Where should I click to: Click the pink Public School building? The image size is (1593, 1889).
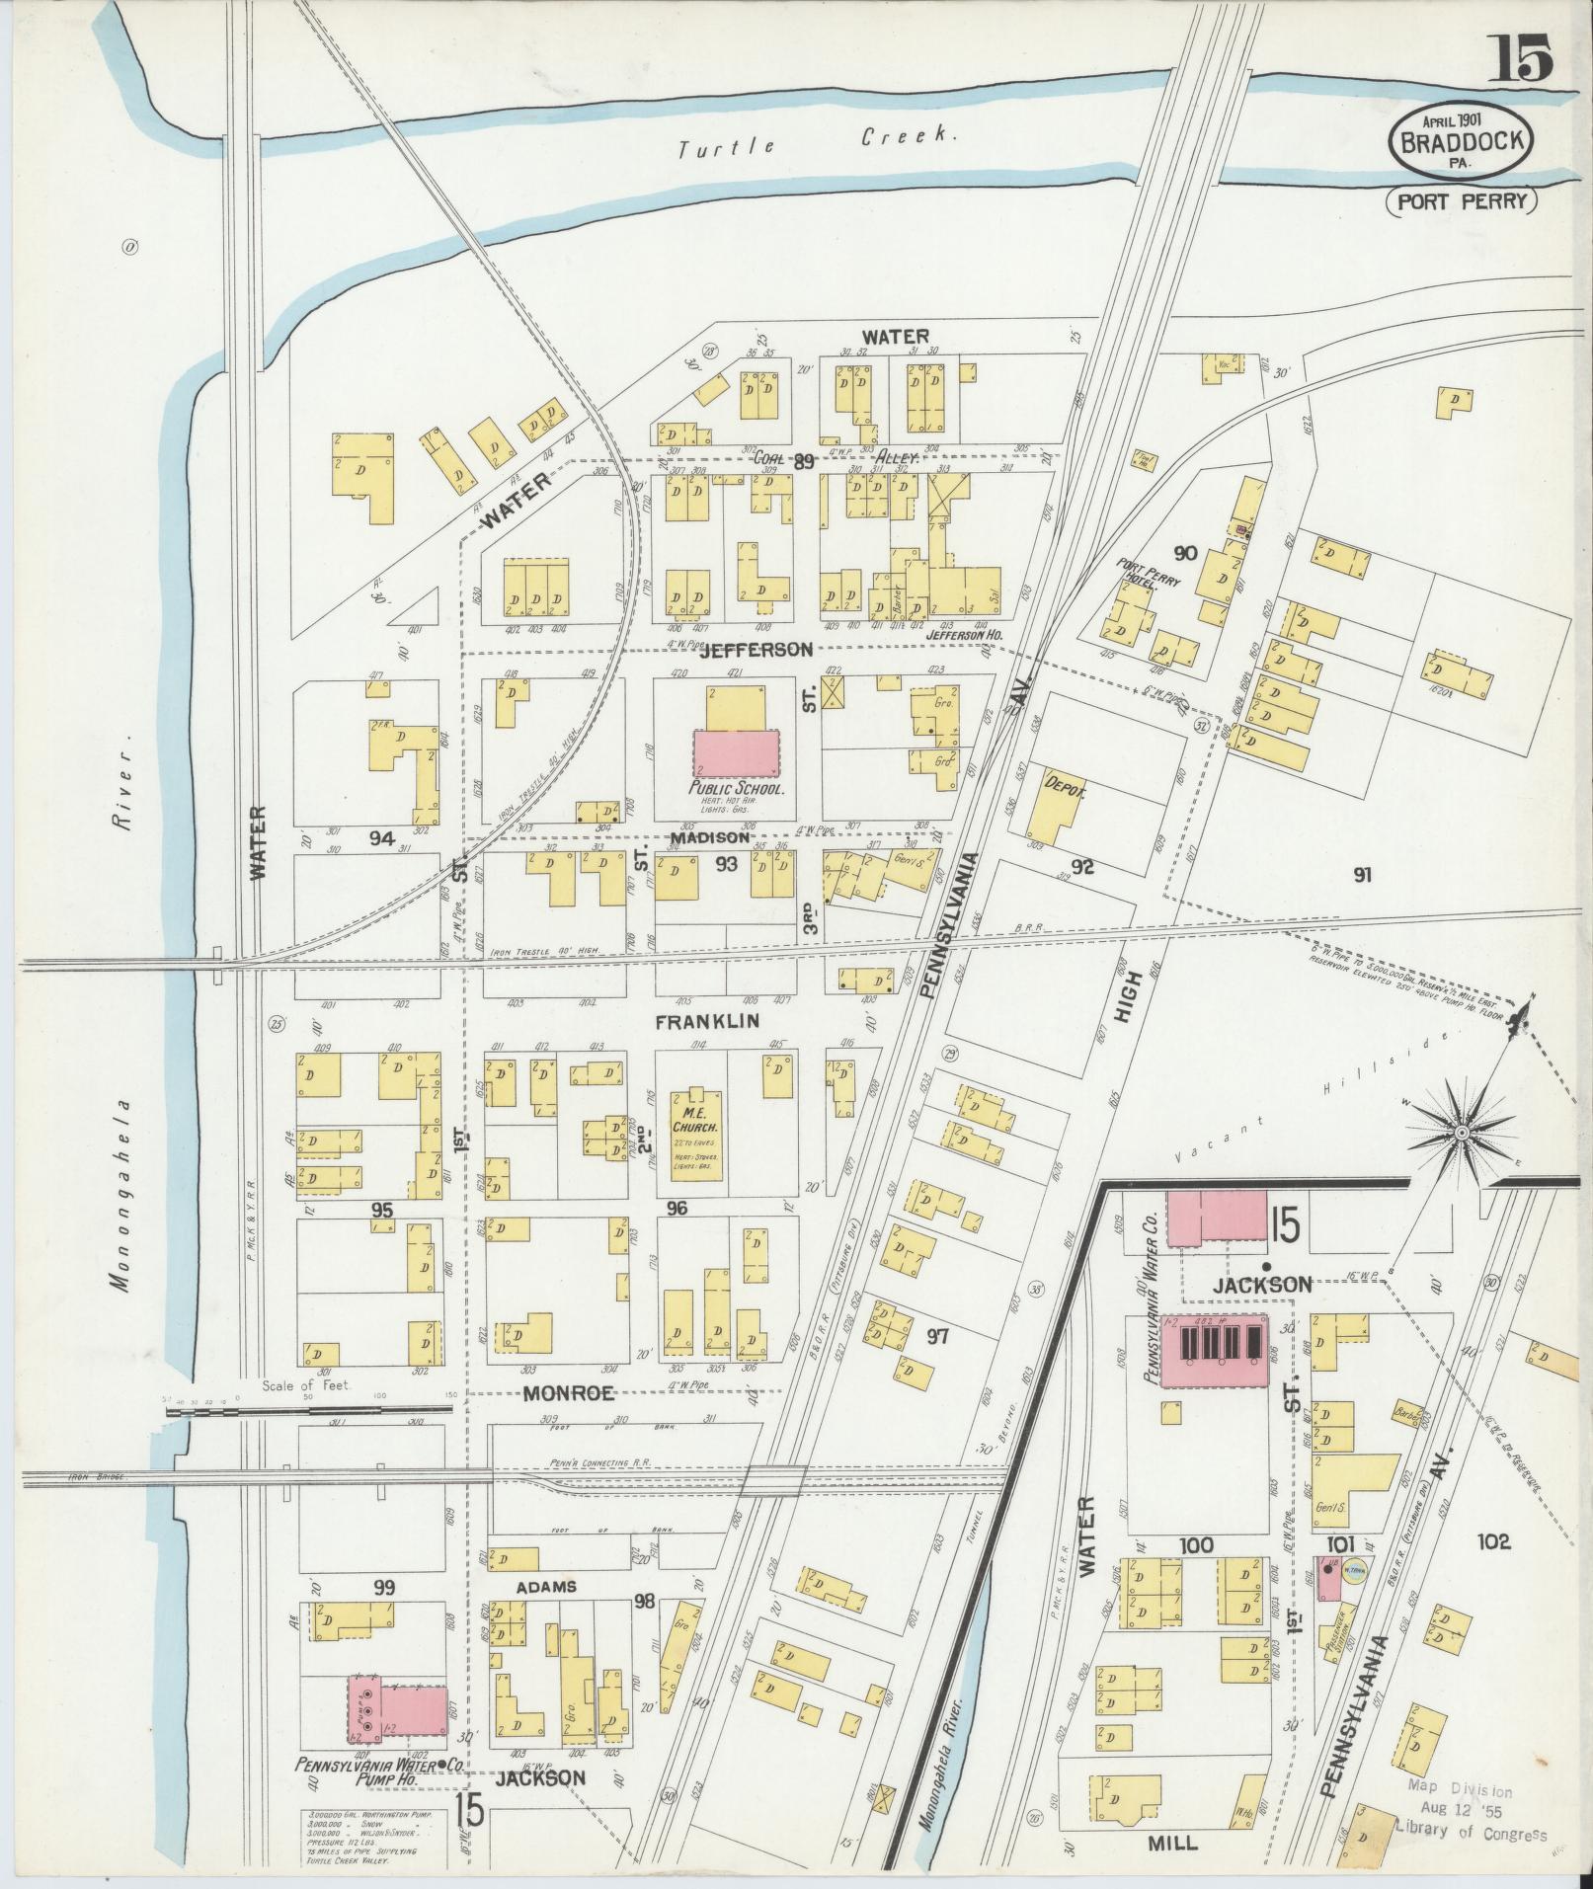coord(737,753)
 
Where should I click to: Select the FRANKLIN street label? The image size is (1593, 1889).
coord(711,1020)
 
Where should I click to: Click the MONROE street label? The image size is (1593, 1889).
coord(568,1393)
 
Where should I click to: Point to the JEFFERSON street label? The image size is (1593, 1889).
coord(755,650)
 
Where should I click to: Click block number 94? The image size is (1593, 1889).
coord(382,838)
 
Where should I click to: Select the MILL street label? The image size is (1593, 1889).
coord(1172,1843)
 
